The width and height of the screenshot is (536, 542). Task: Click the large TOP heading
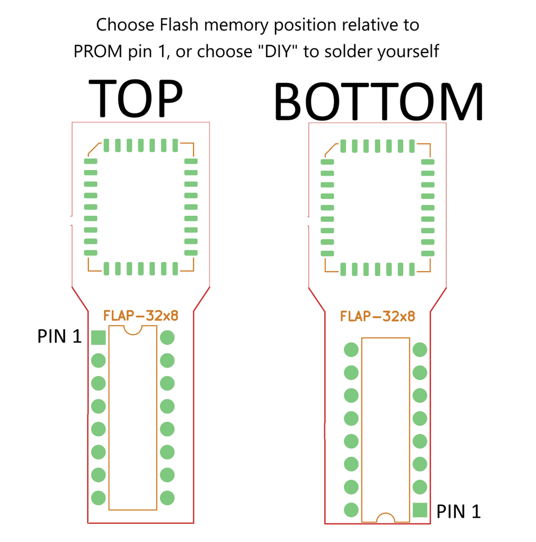135,98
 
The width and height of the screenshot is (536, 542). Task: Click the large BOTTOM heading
378,102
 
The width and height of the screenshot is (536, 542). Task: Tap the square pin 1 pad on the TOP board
98,338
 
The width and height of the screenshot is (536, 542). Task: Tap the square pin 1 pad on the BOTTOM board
420,510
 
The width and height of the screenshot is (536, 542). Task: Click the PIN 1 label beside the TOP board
59,336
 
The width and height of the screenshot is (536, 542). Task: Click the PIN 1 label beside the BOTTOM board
459,512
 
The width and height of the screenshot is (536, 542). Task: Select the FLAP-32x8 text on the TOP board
141,316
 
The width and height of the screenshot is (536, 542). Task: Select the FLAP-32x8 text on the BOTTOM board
378,316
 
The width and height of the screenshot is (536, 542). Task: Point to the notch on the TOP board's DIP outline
133,331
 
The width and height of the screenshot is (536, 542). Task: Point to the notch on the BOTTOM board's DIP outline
385,517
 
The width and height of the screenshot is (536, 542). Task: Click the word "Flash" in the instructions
179,25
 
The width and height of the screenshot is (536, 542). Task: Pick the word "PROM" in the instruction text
98,51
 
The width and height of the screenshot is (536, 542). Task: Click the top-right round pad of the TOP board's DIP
167,338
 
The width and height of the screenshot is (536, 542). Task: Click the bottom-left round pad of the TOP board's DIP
98,498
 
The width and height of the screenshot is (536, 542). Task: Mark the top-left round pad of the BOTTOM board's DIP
351,349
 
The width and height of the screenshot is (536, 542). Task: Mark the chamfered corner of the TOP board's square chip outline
94,149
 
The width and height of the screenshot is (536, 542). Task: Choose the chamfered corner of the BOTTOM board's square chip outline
332,150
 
